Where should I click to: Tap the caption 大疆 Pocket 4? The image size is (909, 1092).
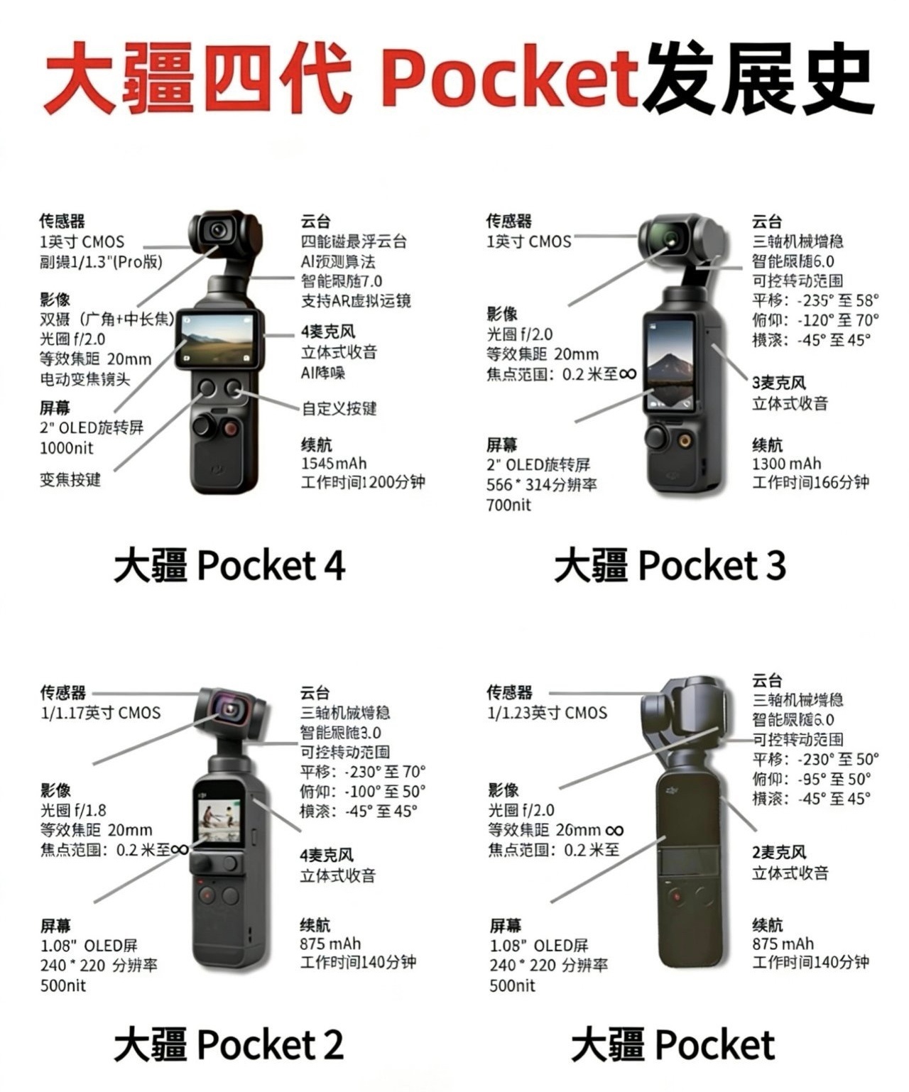[229, 566]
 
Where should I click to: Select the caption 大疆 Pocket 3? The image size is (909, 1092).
[669, 566]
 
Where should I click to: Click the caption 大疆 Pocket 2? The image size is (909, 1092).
[229, 1044]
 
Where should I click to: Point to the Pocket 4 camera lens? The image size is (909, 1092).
[218, 230]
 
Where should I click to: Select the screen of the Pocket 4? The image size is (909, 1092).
[217, 338]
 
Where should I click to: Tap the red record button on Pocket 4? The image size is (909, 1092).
[230, 427]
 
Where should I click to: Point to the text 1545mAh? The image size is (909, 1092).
[334, 464]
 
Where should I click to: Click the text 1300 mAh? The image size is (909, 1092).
[786, 464]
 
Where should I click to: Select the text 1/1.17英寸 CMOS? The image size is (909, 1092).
[100, 712]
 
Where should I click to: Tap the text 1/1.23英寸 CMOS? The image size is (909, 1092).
[547, 712]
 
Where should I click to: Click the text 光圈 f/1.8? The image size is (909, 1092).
[73, 810]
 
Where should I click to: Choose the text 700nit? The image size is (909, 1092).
[508, 505]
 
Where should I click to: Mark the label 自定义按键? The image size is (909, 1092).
[339, 408]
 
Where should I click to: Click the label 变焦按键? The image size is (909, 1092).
[70, 479]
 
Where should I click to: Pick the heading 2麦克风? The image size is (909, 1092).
[779, 852]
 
